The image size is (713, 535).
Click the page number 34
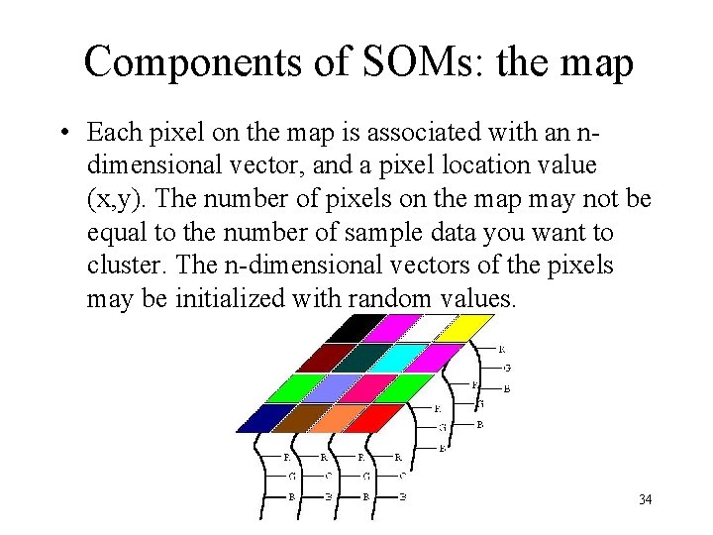tap(645, 499)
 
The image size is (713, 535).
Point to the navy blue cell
tap(259, 418)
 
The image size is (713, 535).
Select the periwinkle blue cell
tap(317, 387)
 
